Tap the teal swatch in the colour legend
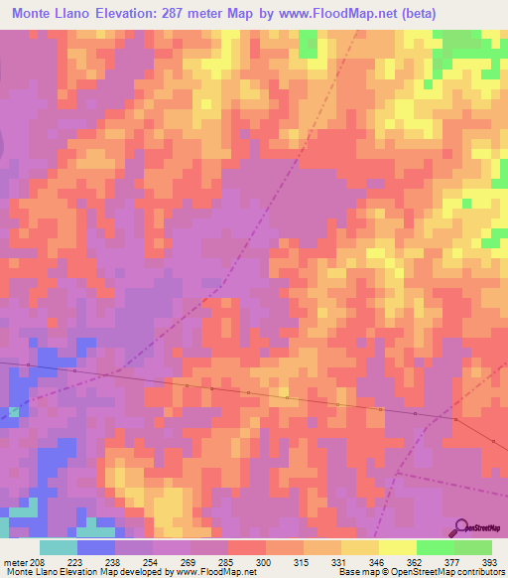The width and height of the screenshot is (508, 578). [58, 547]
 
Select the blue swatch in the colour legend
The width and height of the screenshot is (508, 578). [95, 547]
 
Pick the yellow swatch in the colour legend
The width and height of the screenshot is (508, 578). [397, 547]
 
